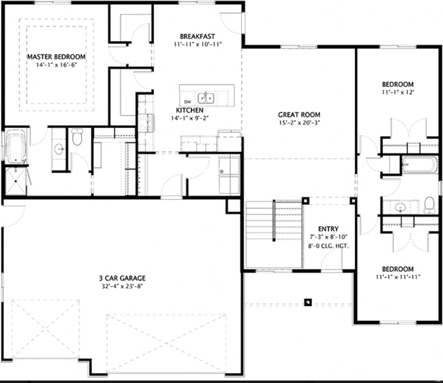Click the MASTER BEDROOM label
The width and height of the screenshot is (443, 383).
[x=56, y=57]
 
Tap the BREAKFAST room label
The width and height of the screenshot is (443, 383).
[x=198, y=36]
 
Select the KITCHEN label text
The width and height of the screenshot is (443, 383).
[x=189, y=110]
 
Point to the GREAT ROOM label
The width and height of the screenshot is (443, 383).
[x=299, y=115]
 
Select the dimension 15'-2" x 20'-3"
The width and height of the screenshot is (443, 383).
[x=299, y=123]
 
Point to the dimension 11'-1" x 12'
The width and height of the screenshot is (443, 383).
[x=398, y=92]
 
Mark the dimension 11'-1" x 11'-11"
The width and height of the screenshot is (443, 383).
[x=398, y=277]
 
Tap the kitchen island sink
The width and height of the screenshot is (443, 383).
[x=206, y=97]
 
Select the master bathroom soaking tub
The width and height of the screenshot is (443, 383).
[x=16, y=146]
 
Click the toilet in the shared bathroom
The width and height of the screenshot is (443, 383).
[x=429, y=205]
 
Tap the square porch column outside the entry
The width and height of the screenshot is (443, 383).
[x=308, y=302]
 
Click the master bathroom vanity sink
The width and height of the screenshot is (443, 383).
[x=59, y=148]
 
